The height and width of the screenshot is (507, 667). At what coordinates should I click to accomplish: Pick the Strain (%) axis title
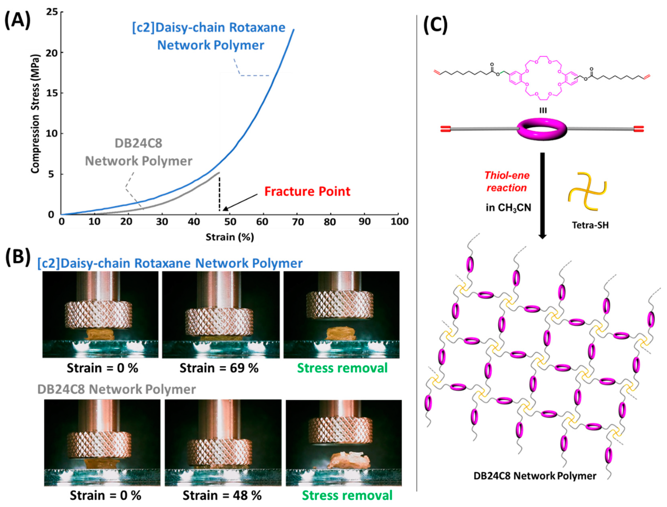229,237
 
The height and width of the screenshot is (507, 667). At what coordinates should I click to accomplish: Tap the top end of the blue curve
294,30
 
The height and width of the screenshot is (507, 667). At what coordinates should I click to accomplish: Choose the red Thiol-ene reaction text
507,181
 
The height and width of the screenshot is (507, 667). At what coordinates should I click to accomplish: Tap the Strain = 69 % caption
219,368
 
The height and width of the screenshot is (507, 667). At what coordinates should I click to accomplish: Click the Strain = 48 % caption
222,496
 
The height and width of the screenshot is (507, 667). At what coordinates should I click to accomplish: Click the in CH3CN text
508,208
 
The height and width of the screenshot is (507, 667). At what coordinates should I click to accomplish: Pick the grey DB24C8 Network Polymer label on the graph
139,152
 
